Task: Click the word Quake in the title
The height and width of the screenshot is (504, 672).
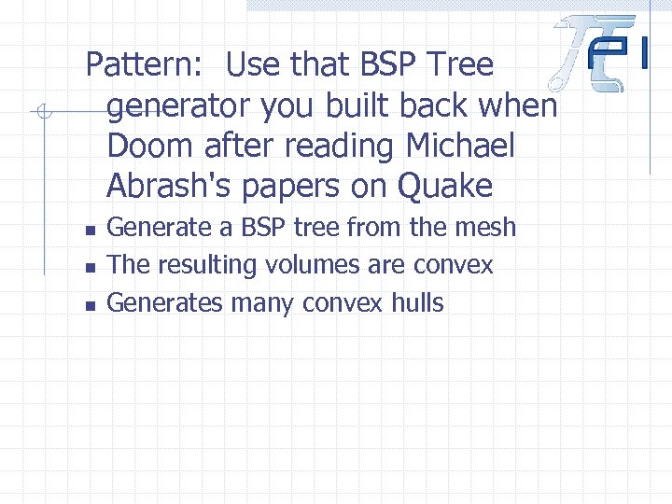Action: point(445,187)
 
